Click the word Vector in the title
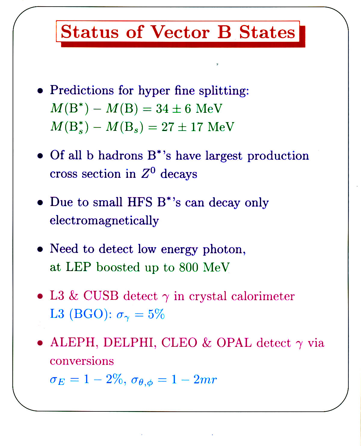coord(180,32)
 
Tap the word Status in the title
coord(90,32)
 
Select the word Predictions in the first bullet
coord(82,90)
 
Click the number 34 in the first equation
coord(162,109)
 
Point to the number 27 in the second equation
coord(168,127)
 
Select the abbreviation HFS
coord(140,202)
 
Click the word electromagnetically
coord(104,221)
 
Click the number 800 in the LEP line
coord(188,267)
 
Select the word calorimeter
coord(263,296)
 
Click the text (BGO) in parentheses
coord(89,314)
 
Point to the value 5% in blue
coord(156,314)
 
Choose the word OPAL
coord(234,343)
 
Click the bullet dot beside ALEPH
coord(40,343)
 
